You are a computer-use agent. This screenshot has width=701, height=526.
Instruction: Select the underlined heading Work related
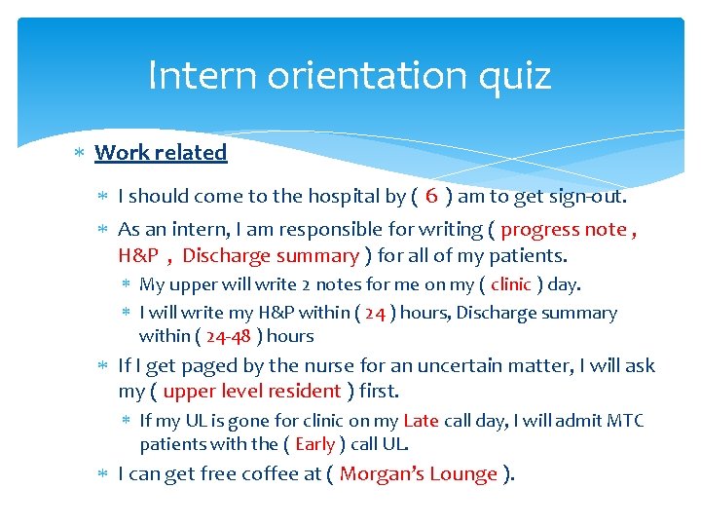pyautogui.click(x=161, y=152)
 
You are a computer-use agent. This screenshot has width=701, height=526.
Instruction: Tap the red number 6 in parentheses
pyautogui.click(x=431, y=196)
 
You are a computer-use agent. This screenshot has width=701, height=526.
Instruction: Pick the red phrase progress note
pyautogui.click(x=564, y=230)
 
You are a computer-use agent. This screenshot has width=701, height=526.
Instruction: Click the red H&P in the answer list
pyautogui.click(x=138, y=256)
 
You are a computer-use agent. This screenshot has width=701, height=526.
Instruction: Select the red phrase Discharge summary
pyautogui.click(x=271, y=256)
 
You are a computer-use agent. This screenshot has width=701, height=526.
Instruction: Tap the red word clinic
pyautogui.click(x=511, y=284)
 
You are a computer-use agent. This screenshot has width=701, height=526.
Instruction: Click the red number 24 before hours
pyautogui.click(x=375, y=313)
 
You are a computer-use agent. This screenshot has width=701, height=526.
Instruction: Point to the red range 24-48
pyautogui.click(x=228, y=336)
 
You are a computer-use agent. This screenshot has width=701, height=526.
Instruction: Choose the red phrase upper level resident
pyautogui.click(x=252, y=392)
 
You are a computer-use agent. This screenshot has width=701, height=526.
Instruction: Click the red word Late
pyautogui.click(x=421, y=421)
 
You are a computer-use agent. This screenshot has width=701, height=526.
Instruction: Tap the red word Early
pyautogui.click(x=314, y=444)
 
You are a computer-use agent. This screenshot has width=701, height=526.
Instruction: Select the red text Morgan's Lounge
pyautogui.click(x=419, y=474)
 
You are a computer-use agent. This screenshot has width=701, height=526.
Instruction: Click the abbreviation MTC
pyautogui.click(x=624, y=421)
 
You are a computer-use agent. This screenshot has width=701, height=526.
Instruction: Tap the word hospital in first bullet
pyautogui.click(x=344, y=196)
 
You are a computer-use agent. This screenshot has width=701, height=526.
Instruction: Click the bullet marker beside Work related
pyautogui.click(x=81, y=153)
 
